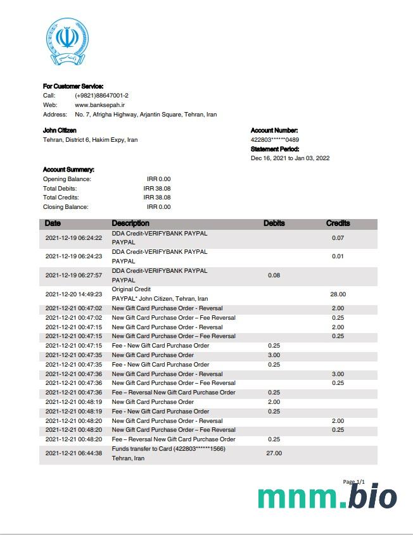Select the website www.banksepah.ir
(99, 105)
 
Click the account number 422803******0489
(275, 140)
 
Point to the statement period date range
(290, 158)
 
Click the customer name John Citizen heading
(60, 130)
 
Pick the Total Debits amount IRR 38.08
(157, 189)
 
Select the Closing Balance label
(66, 207)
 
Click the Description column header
(130, 223)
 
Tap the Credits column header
(338, 223)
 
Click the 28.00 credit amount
(338, 294)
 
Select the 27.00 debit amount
(274, 453)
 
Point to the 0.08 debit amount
(274, 275)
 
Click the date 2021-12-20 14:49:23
(74, 294)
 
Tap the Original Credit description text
(131, 289)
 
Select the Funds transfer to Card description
(168, 449)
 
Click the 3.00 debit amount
(274, 355)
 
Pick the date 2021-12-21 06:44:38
(74, 453)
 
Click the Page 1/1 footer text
(354, 482)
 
